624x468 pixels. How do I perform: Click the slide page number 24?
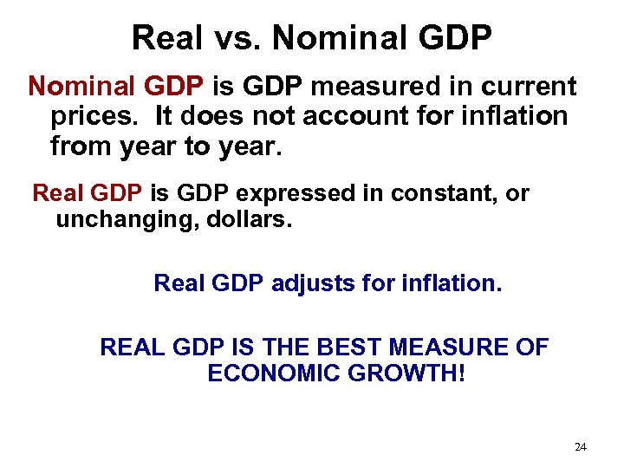tap(581, 447)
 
